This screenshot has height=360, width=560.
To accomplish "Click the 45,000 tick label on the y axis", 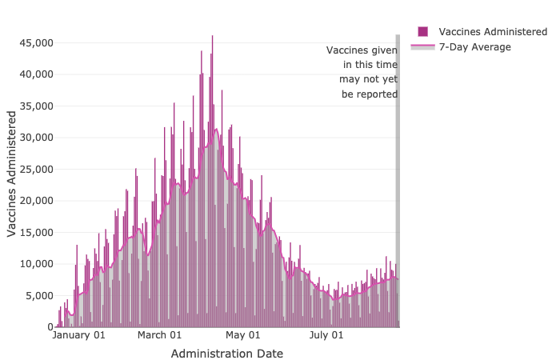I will pos(35,42).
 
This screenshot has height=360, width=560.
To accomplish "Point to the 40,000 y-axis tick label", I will pos(35,74).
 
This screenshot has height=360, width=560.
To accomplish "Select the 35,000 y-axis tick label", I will pos(35,106).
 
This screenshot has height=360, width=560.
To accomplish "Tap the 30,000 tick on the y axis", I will pos(35,138).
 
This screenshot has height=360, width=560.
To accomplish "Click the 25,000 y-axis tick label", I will pos(35,169).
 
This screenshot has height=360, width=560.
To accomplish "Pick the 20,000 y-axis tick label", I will pos(35,201).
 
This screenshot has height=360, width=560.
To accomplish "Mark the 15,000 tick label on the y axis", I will pos(35,232).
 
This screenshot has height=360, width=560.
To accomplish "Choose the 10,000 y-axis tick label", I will pos(35,264).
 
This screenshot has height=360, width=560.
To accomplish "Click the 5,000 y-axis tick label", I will pos(38,295).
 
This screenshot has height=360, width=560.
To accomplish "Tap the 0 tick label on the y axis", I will pos(49,327).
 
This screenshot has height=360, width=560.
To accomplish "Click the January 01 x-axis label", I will pos(78,335).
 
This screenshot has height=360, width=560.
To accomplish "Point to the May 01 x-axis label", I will pos(243,335).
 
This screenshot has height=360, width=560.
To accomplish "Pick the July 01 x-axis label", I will pos(326,335).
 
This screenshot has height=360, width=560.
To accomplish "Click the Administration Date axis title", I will pos(226,353).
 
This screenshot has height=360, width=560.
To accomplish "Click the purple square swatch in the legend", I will pos(422,32).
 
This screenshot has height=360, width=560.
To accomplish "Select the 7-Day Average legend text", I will pos(474,47).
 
